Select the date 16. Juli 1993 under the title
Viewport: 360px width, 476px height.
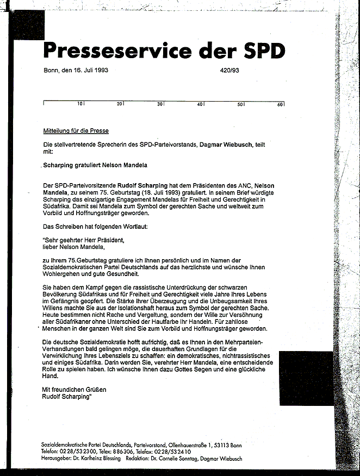click(x=86, y=70)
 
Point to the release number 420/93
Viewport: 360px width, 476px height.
click(x=230, y=70)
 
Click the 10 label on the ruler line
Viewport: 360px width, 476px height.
click(x=79, y=104)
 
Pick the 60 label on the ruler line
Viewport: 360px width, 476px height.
click(x=280, y=104)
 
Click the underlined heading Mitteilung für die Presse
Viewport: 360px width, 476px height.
click(x=76, y=131)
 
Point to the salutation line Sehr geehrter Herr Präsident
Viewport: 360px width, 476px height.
click(x=84, y=240)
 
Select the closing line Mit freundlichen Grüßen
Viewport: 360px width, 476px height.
click(x=74, y=390)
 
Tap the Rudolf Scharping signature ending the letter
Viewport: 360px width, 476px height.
click(x=66, y=397)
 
